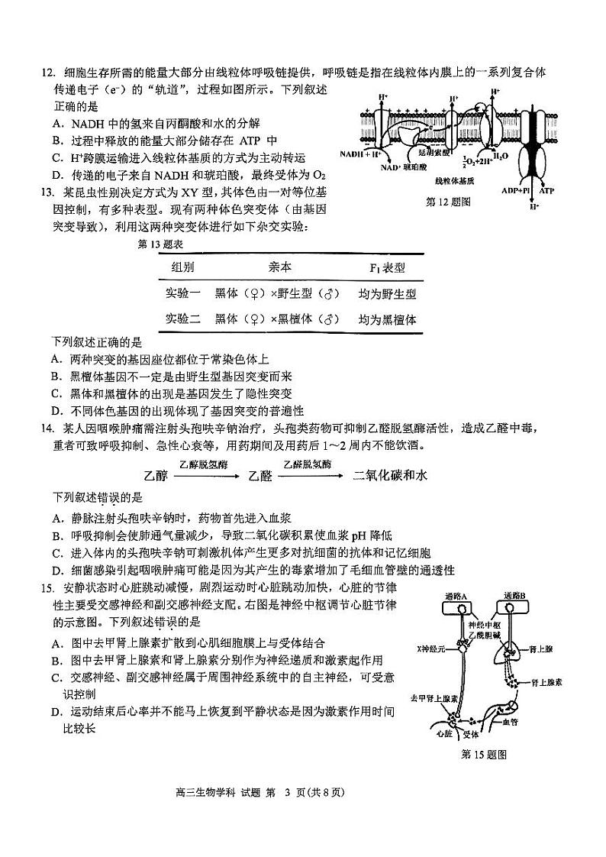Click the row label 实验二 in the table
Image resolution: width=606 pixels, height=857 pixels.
pyautogui.click(x=183, y=320)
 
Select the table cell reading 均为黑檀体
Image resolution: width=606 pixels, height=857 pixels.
pyautogui.click(x=388, y=320)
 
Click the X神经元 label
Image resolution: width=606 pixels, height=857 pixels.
pyautogui.click(x=431, y=648)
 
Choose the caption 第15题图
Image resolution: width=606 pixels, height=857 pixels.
pyautogui.click(x=485, y=755)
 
